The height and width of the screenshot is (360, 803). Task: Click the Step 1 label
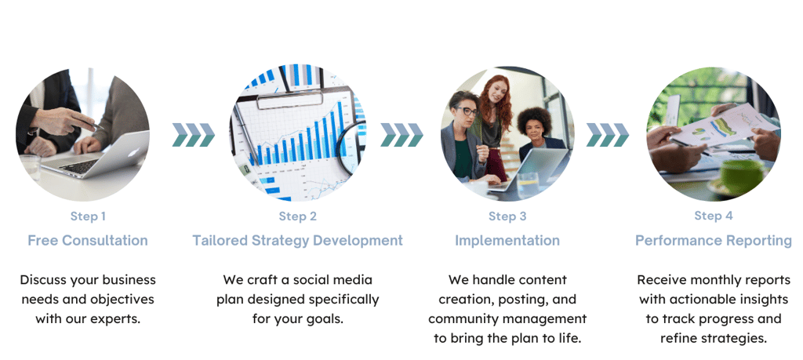pos(88,216)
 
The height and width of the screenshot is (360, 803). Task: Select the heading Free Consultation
pos(88,241)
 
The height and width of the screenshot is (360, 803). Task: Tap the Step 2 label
pos(297,216)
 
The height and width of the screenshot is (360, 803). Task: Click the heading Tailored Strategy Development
pos(297,241)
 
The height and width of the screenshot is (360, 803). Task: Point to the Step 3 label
pos(507,216)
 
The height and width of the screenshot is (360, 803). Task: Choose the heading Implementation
pos(507,241)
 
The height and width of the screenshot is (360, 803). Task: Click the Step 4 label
pos(714,216)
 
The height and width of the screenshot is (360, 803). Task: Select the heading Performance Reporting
pos(714,241)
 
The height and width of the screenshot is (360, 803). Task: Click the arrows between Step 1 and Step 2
pos(194,135)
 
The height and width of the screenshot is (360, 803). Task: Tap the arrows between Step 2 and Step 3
pos(402,135)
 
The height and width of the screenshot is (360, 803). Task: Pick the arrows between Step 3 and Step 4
pos(608,135)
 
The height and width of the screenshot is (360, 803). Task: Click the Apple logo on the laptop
pos(131,153)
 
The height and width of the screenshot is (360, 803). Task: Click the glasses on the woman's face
pos(467,111)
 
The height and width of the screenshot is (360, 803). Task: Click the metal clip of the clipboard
pos(290,99)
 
